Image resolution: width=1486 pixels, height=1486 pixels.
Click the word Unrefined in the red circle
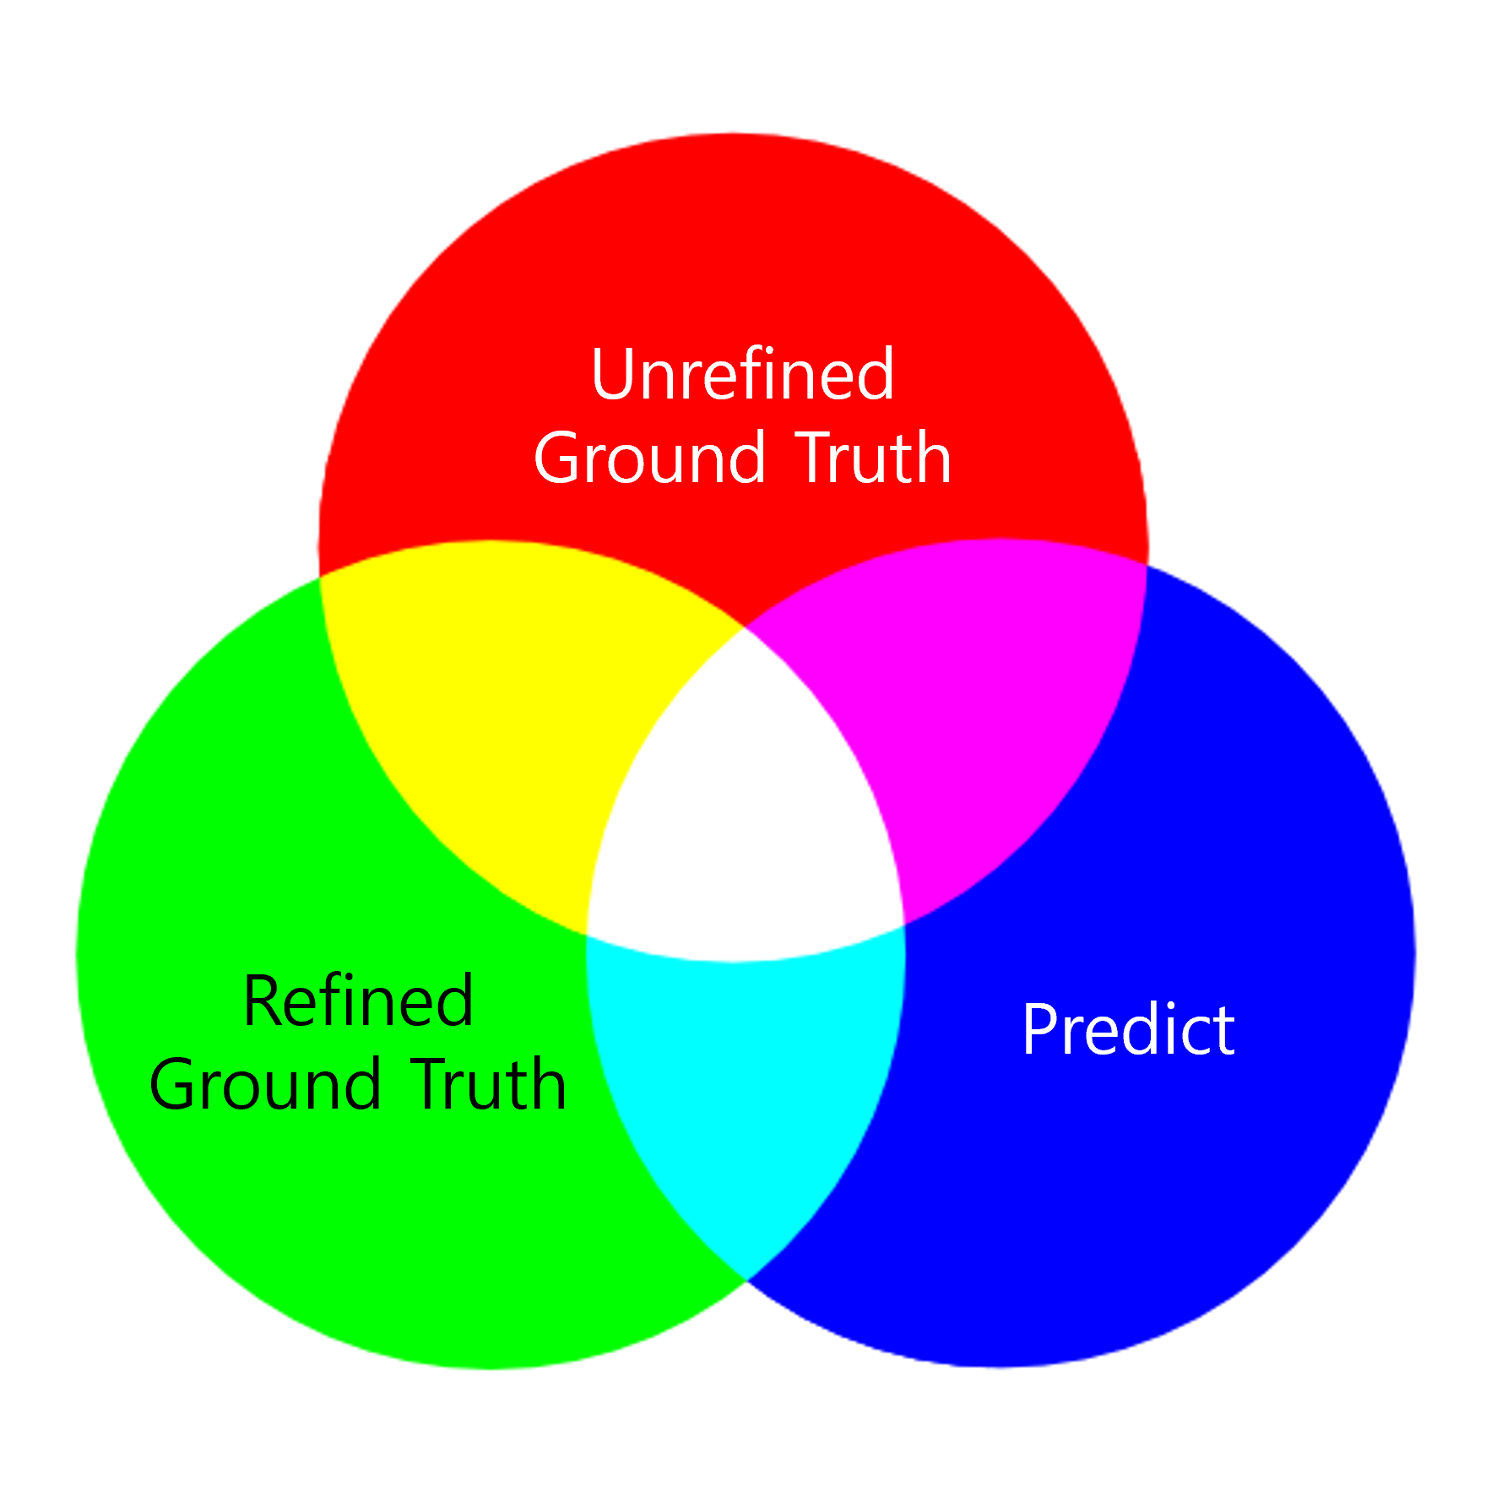point(742,375)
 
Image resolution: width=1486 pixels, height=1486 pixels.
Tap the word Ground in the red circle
point(650,458)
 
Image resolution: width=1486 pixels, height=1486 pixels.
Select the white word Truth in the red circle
point(873,458)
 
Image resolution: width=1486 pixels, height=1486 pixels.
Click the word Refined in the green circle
point(358,1001)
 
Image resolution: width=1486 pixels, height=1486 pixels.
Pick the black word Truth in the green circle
point(490,1086)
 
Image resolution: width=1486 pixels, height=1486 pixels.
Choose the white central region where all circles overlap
point(743,811)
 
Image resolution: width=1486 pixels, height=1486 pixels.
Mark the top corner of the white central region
point(744,629)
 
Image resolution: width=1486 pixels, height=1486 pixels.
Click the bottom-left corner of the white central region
point(588,936)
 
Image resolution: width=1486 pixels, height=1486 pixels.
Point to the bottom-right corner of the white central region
point(904,925)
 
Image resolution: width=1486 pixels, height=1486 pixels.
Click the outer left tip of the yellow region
point(320,577)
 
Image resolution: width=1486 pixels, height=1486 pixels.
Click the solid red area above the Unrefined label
point(735,236)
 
